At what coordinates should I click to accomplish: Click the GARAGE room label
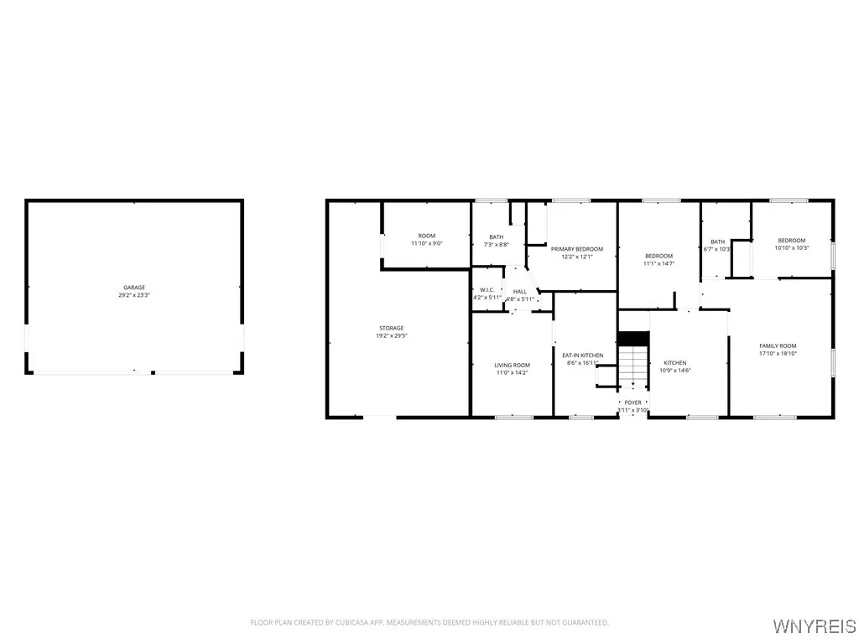point(134,288)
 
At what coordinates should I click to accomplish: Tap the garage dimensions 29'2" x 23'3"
point(134,296)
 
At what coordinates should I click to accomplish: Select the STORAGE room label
point(391,328)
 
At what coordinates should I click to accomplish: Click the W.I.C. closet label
point(487,289)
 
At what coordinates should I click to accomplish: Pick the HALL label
point(520,291)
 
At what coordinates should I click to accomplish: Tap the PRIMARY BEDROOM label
point(576,249)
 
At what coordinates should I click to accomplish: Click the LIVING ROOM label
point(512,365)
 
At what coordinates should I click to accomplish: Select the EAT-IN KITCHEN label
point(582,356)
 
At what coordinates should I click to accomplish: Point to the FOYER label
point(633,402)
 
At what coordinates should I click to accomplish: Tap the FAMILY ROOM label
point(778,345)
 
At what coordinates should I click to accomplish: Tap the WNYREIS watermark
point(814,626)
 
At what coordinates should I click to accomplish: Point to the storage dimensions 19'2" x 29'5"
point(391,336)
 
